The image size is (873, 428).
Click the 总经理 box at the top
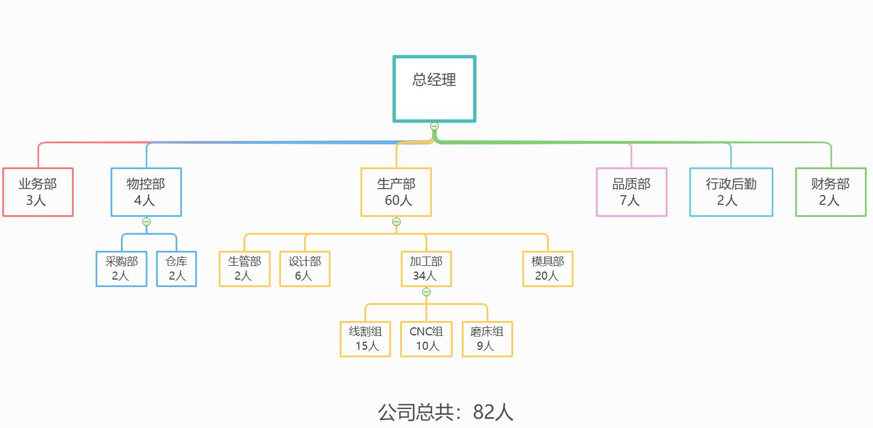[434, 89]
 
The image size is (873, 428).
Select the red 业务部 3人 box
[38, 192]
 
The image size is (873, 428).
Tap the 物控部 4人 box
[146, 192]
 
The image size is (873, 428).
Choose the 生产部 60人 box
[396, 192]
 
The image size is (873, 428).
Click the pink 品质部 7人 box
[631, 192]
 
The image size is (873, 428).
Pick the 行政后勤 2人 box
[731, 192]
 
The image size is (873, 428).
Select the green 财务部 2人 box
[830, 192]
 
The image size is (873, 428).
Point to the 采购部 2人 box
[122, 269]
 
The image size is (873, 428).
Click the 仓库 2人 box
[177, 269]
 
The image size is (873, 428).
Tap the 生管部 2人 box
[244, 269]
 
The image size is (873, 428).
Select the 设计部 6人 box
[305, 269]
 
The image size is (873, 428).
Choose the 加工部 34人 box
[426, 269]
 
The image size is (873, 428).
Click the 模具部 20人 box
[548, 269]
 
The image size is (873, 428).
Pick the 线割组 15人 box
[365, 339]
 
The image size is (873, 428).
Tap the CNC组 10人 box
[426, 339]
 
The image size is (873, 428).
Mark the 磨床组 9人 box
[487, 339]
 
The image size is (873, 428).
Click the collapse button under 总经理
[434, 126]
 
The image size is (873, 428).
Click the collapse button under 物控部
[146, 221]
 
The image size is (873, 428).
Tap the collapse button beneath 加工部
[426, 292]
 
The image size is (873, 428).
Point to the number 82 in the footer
[483, 412]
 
